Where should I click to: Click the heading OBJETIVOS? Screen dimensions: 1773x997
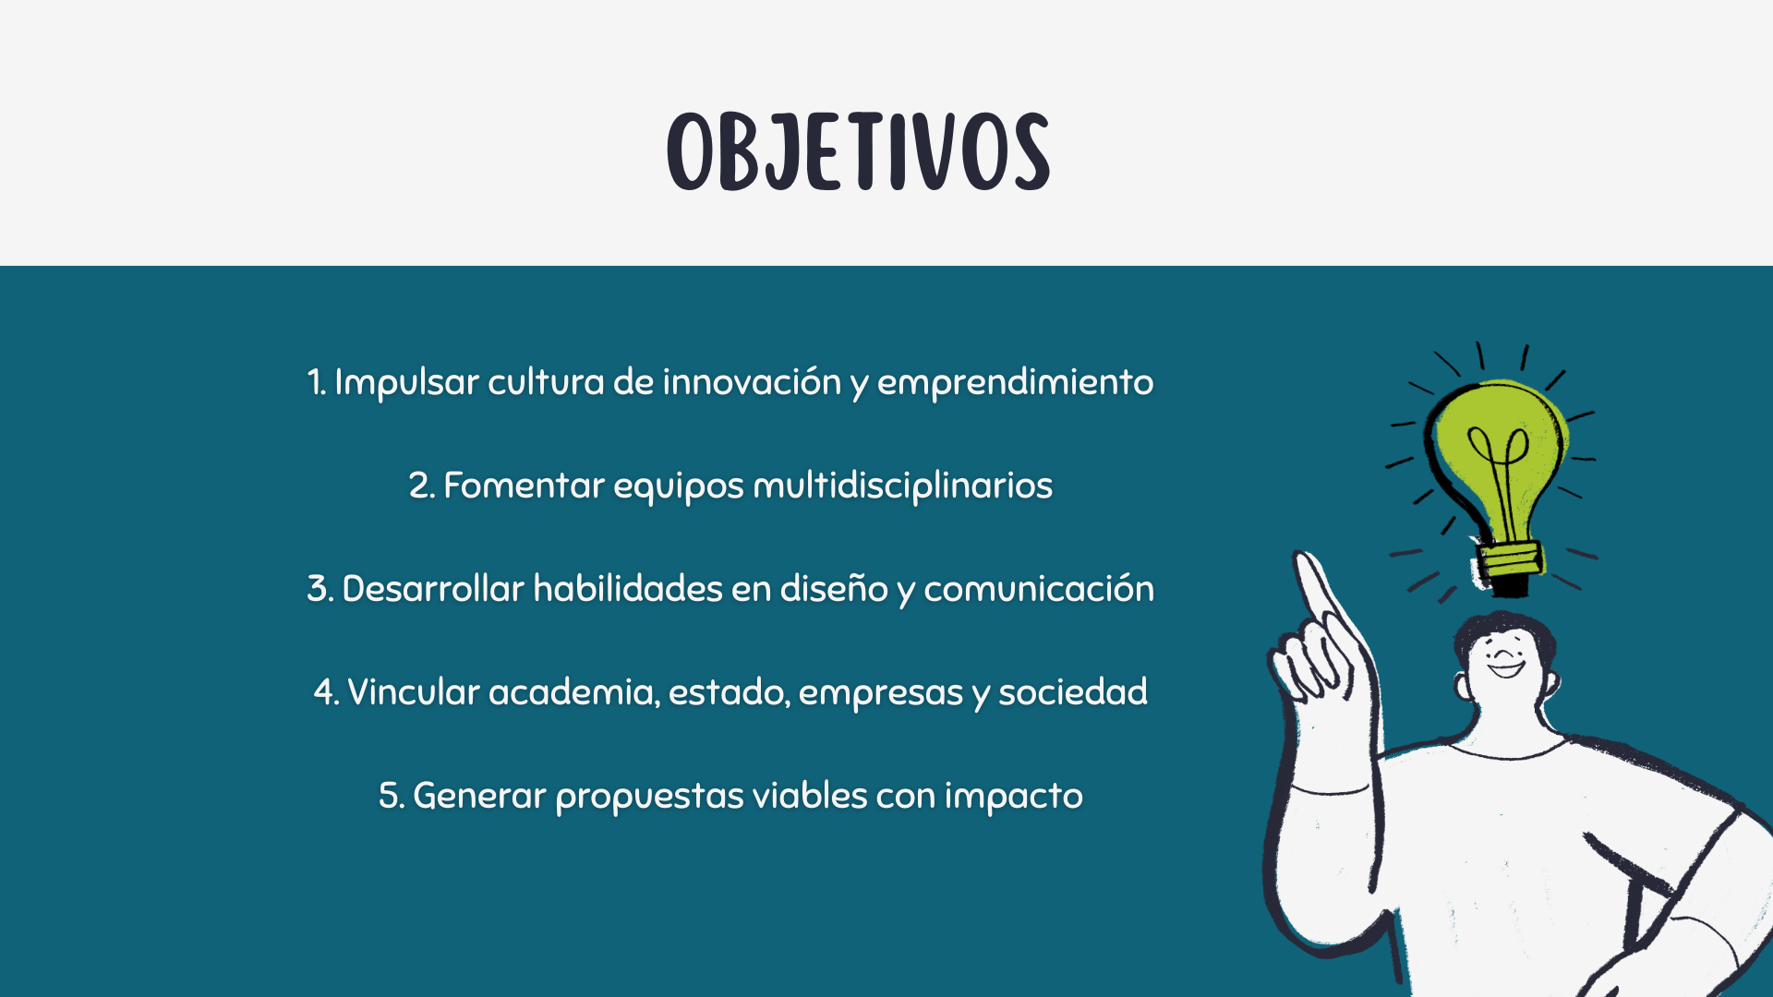(x=859, y=152)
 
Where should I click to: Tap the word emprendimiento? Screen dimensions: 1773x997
(x=1015, y=383)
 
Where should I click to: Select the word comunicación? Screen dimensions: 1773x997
(x=1039, y=589)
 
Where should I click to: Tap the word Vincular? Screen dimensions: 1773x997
(x=414, y=692)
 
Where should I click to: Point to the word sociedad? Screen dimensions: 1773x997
(x=1073, y=692)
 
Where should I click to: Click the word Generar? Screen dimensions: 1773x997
(x=479, y=796)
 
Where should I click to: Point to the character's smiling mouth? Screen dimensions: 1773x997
(x=1506, y=668)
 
